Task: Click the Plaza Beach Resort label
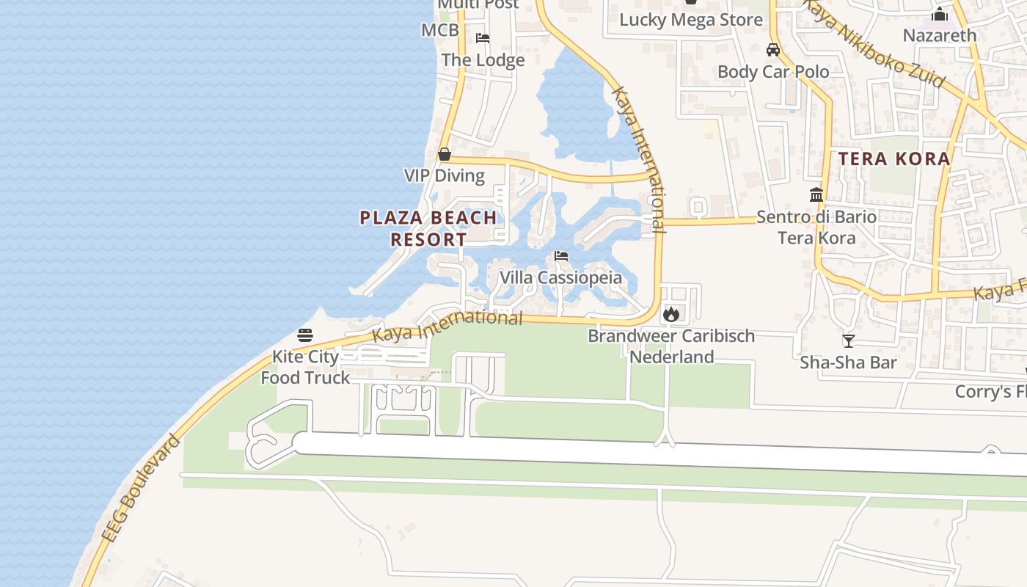(x=428, y=228)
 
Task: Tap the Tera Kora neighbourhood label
(x=894, y=158)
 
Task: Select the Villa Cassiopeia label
(x=560, y=277)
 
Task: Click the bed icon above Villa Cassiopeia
(x=561, y=256)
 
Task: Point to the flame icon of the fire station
(x=670, y=314)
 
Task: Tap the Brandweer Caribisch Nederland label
(x=671, y=346)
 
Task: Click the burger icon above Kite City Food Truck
(x=305, y=336)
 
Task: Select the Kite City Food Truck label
(x=305, y=367)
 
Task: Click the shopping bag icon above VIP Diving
(x=445, y=154)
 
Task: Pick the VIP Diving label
(x=445, y=175)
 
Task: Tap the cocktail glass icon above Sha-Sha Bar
(x=849, y=340)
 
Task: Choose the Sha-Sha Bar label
(x=849, y=362)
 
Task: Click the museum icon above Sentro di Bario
(x=816, y=194)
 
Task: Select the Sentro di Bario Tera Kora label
(x=816, y=227)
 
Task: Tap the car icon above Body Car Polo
(x=773, y=50)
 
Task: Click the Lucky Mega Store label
(x=691, y=20)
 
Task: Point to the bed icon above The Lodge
(x=483, y=38)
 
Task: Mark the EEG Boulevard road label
(x=142, y=489)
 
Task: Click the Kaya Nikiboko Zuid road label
(x=872, y=43)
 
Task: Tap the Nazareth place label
(x=940, y=35)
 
